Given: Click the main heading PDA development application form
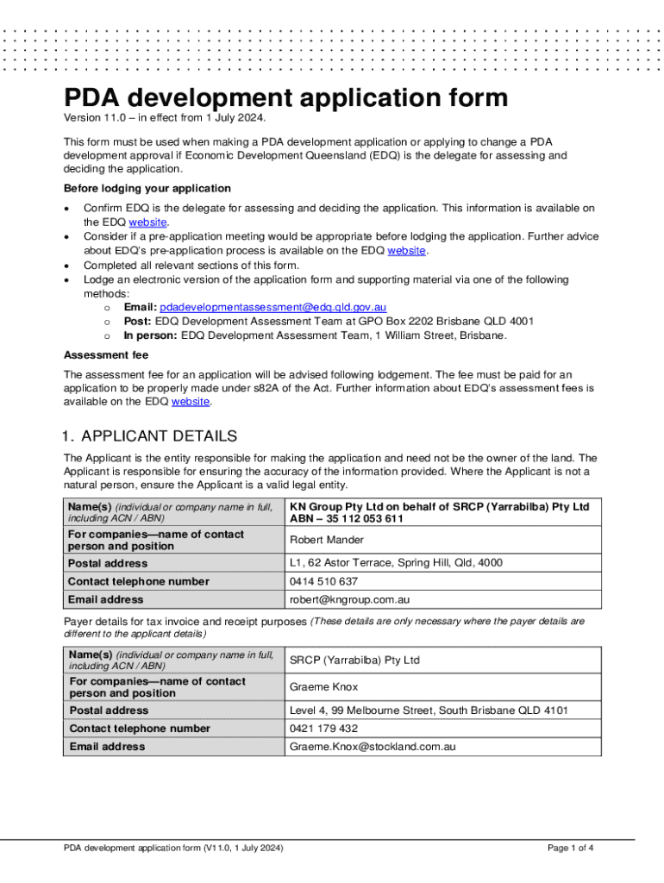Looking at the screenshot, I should [x=285, y=97].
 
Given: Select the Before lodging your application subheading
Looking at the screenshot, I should [x=147, y=188].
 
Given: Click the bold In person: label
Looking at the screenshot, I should [x=151, y=335].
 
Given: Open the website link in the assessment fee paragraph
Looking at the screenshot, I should [x=191, y=402].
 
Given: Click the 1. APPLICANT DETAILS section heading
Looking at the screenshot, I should [x=150, y=436].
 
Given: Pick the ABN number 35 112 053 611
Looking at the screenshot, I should [x=360, y=519].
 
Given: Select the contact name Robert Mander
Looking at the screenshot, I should [x=326, y=541].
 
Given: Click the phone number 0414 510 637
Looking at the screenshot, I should [x=323, y=581].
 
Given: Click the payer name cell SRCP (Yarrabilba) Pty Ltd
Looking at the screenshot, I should [x=354, y=661].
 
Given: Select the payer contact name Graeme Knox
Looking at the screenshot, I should [x=323, y=687].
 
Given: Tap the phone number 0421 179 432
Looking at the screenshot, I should [x=323, y=729].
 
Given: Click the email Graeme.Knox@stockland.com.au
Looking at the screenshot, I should [x=372, y=747].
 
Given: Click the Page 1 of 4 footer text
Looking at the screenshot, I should [x=570, y=848].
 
